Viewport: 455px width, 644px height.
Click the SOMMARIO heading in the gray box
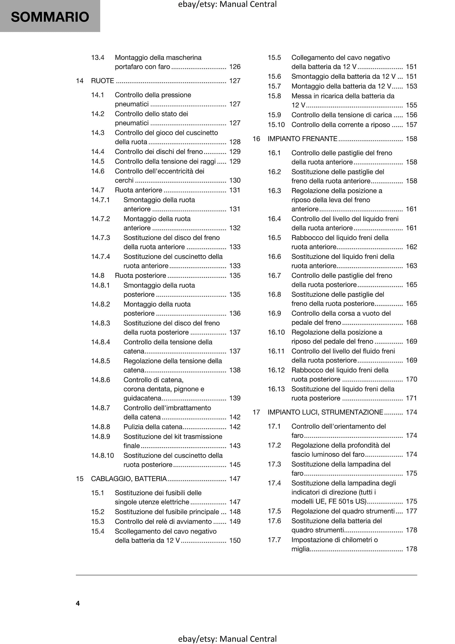click(x=50, y=17)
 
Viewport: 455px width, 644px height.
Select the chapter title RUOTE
click(x=102, y=81)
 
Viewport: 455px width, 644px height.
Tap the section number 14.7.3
click(x=101, y=238)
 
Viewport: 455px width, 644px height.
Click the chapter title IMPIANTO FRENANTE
click(x=302, y=139)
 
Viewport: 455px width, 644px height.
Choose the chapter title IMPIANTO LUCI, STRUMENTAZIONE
click(x=325, y=412)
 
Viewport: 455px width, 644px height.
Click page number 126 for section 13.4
click(x=235, y=67)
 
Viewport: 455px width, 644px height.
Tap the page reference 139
click(x=235, y=398)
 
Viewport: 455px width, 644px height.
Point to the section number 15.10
click(x=276, y=125)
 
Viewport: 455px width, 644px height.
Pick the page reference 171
click(x=411, y=398)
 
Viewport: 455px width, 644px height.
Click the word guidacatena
click(x=142, y=398)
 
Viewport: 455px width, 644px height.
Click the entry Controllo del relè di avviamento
click(x=163, y=521)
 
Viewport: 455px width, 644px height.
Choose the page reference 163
click(x=411, y=266)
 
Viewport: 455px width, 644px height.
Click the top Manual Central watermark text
click(x=227, y=4)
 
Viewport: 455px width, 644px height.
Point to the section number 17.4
click(x=274, y=483)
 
